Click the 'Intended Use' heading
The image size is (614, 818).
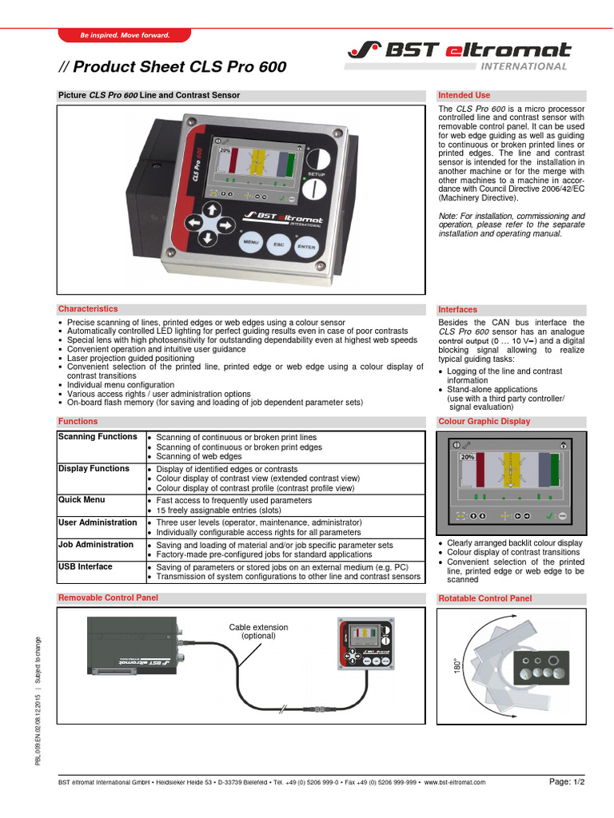(x=464, y=95)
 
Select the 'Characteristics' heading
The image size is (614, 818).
(x=88, y=308)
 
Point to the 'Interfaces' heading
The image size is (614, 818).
(x=458, y=309)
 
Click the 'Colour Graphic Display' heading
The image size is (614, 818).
(x=484, y=421)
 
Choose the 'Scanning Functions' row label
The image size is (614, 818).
(x=98, y=437)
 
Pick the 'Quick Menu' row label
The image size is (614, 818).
(x=82, y=500)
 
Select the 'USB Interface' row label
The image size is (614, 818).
(x=86, y=566)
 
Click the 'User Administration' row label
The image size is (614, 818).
(x=98, y=522)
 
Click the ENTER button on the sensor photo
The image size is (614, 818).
(x=306, y=248)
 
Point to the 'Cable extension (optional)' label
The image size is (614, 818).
(x=258, y=631)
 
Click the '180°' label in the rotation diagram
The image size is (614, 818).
(x=457, y=665)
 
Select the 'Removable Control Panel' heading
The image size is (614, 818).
(x=108, y=598)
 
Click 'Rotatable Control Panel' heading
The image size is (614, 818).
(x=484, y=598)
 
